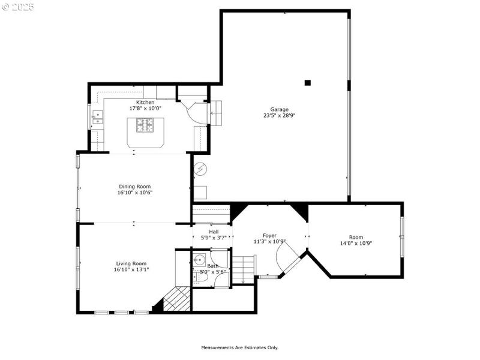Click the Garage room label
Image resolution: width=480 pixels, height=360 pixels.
coord(279,109)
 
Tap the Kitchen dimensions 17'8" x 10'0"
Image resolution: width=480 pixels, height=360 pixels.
coord(145,109)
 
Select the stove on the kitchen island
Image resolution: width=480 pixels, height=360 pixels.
coord(145,125)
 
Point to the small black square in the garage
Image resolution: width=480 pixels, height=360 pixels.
coord(308,83)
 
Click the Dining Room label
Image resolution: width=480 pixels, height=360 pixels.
coord(134,186)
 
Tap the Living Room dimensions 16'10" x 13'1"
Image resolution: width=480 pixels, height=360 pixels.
coord(131,270)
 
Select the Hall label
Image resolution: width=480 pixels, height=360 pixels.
coord(214,231)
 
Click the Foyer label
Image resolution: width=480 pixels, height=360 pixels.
coord(269,235)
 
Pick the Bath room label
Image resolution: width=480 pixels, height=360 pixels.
coord(213,266)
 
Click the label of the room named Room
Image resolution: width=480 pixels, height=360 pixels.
coord(356,237)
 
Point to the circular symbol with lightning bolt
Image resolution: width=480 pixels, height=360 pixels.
coord(200,169)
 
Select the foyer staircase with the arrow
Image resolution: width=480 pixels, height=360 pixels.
coord(244,268)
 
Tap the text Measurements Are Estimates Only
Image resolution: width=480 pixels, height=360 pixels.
coord(239,347)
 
